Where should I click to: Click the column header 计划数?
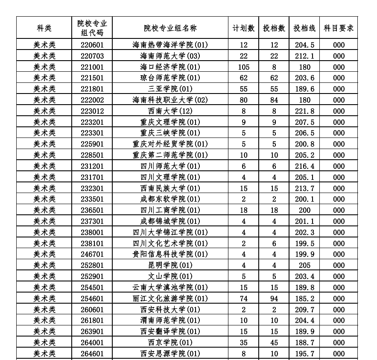click(x=243, y=28)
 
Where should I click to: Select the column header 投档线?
click(x=304, y=28)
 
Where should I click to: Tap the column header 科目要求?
click(x=339, y=28)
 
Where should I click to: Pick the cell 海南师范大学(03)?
click(x=170, y=56)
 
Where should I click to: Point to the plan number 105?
click(x=243, y=67)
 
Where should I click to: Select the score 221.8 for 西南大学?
click(x=304, y=111)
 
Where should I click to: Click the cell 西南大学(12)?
click(x=170, y=111)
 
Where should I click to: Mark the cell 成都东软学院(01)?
click(x=170, y=199)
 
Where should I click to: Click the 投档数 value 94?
click(x=274, y=298)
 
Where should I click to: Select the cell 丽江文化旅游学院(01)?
click(x=170, y=298)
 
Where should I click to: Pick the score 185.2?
click(x=304, y=298)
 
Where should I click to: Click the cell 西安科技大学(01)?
click(x=170, y=309)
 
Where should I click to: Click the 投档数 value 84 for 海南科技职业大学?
click(x=274, y=100)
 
